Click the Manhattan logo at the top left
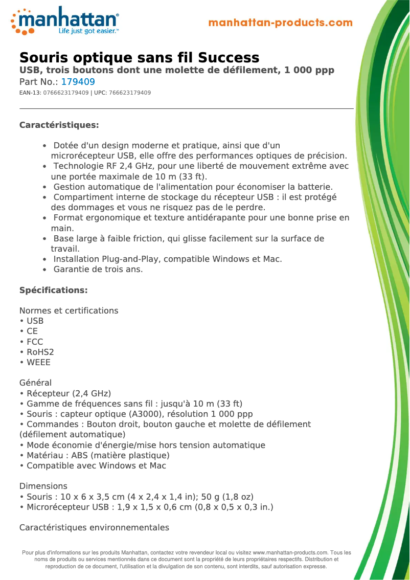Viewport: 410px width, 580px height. [x=65, y=20]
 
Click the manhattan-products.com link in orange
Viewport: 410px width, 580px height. [x=280, y=23]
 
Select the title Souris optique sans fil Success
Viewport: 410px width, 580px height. [x=139, y=57]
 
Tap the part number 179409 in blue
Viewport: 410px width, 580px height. [x=78, y=82]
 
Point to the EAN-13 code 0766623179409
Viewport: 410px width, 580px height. [x=66, y=93]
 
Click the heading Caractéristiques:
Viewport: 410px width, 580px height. [x=59, y=125]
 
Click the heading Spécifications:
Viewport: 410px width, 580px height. [x=53, y=290]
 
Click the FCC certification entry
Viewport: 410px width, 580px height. [x=35, y=342]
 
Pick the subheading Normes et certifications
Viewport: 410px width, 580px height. [x=69, y=310]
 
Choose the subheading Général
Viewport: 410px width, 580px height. [x=35, y=383]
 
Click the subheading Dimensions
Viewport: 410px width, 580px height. [x=43, y=486]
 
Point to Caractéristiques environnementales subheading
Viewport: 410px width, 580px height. [x=94, y=527]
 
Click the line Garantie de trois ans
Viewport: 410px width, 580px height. [x=98, y=269]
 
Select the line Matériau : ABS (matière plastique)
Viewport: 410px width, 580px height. [x=98, y=455]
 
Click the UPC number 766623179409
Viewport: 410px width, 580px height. [x=130, y=93]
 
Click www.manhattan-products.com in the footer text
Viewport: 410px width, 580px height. [x=290, y=552]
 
